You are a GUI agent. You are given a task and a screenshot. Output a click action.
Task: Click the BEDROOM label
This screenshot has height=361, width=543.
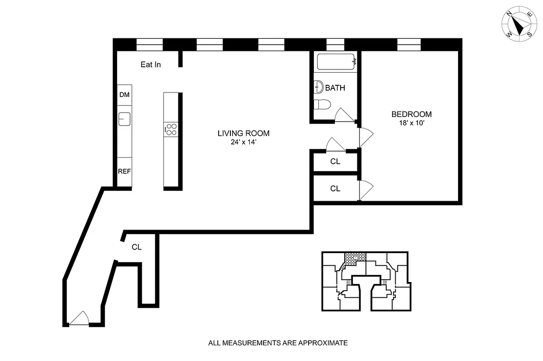click(411, 114)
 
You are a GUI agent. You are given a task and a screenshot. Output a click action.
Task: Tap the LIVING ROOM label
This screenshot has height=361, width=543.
click(243, 133)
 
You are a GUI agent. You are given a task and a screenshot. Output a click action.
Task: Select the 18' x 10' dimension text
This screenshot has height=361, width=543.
click(411, 122)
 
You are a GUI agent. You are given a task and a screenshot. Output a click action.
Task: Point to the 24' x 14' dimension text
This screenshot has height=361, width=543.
click(243, 142)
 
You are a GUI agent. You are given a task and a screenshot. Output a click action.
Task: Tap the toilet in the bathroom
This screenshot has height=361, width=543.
click(322, 104)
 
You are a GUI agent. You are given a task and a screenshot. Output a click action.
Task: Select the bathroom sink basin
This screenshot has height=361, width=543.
click(318, 87)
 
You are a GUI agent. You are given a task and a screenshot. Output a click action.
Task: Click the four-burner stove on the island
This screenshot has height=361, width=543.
click(171, 130)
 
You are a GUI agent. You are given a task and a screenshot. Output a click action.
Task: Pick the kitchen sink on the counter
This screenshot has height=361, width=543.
click(124, 119)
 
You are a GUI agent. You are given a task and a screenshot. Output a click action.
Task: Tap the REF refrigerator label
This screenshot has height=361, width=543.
click(124, 171)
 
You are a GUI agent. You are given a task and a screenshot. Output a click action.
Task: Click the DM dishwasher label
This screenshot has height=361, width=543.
click(124, 95)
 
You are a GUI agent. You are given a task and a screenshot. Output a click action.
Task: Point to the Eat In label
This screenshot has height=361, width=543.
click(150, 65)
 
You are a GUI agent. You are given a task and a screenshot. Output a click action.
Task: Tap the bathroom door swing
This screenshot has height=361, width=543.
click(344, 116)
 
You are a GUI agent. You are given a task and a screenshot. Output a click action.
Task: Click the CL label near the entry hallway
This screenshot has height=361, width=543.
click(136, 247)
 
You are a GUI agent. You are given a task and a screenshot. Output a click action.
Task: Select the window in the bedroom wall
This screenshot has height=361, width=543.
click(409, 44)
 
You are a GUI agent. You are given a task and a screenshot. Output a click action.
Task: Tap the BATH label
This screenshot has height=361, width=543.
click(335, 88)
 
